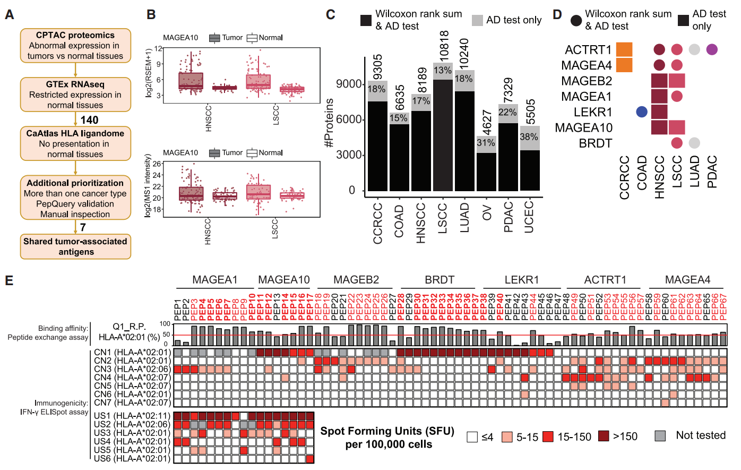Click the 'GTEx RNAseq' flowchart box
(x=75, y=95)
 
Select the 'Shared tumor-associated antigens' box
(x=75, y=246)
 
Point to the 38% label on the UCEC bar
(x=529, y=136)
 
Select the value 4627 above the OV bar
(x=486, y=123)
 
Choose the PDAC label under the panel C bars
(x=508, y=217)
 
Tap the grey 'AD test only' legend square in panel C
(x=477, y=21)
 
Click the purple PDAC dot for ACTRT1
(x=712, y=50)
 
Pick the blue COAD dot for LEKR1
(x=642, y=112)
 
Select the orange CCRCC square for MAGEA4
(x=624, y=65)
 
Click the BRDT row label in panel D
(x=595, y=143)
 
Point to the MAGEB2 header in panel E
(x=356, y=279)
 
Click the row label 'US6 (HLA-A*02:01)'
(x=132, y=458)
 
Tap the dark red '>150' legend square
(x=604, y=437)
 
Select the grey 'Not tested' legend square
(x=660, y=436)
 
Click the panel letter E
(x=9, y=280)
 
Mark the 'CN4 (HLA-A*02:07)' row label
(x=132, y=377)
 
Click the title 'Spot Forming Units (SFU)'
(x=387, y=431)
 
